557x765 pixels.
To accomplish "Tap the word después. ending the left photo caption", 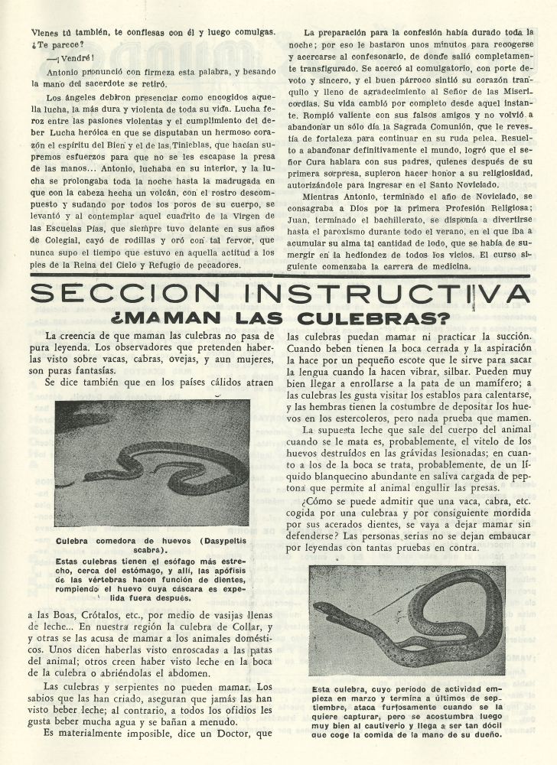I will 171,599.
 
